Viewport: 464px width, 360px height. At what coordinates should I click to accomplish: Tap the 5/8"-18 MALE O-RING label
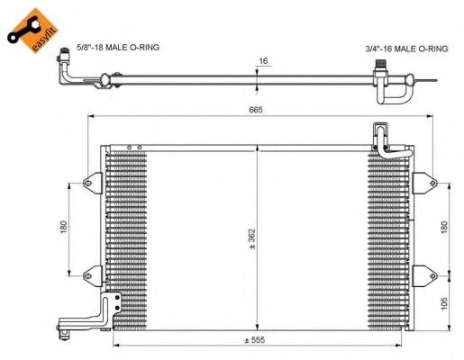[114, 47]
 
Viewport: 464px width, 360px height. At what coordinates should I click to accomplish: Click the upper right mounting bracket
[422, 178]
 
